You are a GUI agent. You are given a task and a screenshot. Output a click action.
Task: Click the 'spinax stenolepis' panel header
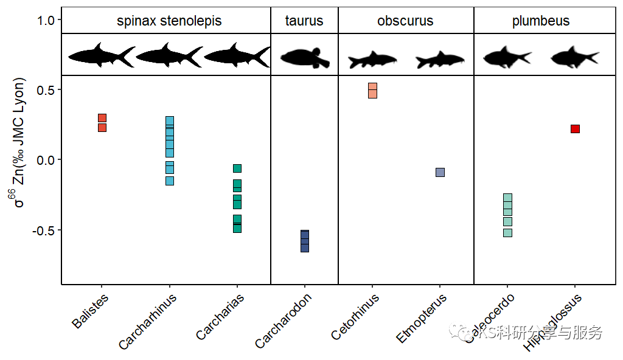[x=169, y=21]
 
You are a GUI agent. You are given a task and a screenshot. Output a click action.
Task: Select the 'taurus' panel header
[x=304, y=21]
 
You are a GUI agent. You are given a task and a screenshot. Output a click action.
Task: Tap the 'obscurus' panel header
[x=405, y=21]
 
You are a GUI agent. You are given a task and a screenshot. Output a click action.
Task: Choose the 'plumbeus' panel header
[x=541, y=21]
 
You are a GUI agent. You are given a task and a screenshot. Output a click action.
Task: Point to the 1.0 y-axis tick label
[x=45, y=20]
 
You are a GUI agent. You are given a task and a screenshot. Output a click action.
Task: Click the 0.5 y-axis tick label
[x=45, y=90]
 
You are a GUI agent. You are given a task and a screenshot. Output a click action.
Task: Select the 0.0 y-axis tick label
[x=45, y=160]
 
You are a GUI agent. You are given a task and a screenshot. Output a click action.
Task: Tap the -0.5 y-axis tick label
[x=43, y=230]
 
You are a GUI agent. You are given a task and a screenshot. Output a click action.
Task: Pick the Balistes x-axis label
[x=91, y=311]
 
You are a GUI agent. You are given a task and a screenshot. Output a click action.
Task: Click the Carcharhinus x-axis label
[x=148, y=321]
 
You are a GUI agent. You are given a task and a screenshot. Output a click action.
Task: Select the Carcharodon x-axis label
[x=284, y=320]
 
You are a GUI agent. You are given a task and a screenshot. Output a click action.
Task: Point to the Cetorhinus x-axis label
[x=355, y=316]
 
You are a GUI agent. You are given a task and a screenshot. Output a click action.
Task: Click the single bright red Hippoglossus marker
[x=575, y=129]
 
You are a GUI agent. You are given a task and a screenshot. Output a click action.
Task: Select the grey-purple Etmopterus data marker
[x=440, y=172]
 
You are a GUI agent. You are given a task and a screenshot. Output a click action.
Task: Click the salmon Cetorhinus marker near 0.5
[x=372, y=91]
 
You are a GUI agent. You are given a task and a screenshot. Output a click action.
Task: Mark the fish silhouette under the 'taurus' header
[x=304, y=57]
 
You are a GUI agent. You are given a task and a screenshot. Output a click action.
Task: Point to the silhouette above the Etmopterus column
[x=440, y=60]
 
